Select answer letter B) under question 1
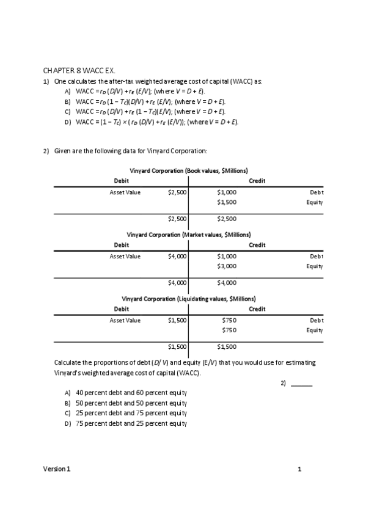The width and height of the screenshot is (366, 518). click(x=67, y=101)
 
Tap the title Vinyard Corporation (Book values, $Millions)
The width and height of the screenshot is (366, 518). click(x=188, y=170)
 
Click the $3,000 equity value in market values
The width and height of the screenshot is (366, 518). click(x=227, y=266)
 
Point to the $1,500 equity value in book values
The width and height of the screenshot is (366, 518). click(x=227, y=202)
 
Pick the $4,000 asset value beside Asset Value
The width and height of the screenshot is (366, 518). click(x=177, y=257)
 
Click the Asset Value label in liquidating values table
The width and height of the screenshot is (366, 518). click(x=125, y=321)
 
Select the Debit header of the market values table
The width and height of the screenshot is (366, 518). click(x=122, y=245)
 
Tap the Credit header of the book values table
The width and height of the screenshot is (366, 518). click(x=257, y=181)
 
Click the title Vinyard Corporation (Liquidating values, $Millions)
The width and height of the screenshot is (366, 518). click(x=188, y=299)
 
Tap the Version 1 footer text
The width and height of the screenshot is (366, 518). click(x=56, y=469)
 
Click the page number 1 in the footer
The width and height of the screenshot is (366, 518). click(x=299, y=469)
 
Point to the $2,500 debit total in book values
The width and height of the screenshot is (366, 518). click(x=177, y=219)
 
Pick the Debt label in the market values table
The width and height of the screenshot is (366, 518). click(x=317, y=257)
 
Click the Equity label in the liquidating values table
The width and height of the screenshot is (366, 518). click(x=315, y=330)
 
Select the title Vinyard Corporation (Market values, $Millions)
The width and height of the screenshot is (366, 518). click(x=188, y=235)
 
